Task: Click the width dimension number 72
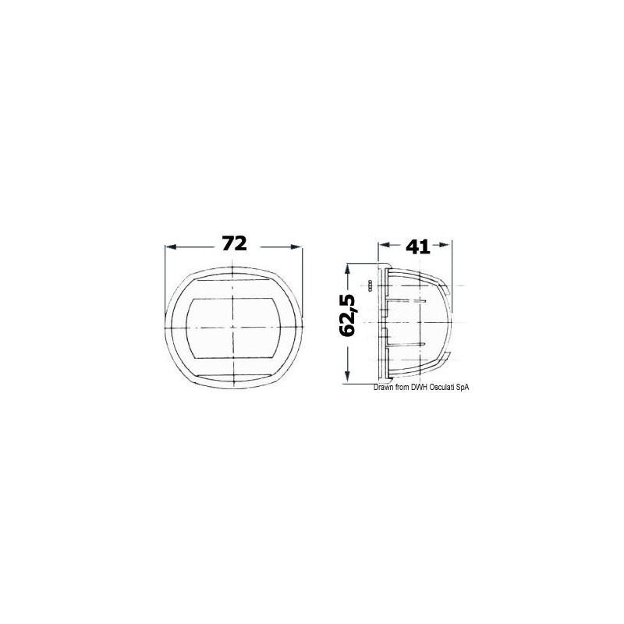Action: click(234, 244)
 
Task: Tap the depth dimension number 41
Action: click(418, 247)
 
